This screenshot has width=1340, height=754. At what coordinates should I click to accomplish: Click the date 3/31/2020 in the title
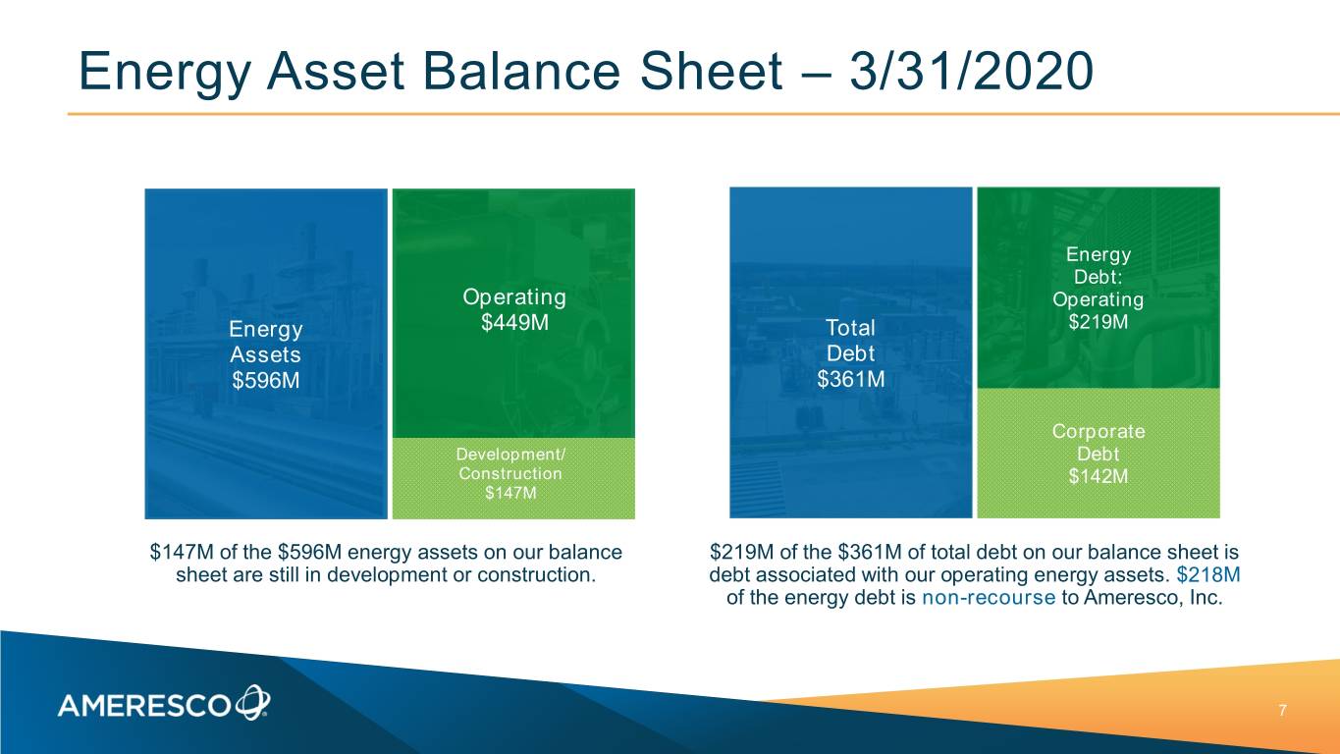tap(972, 72)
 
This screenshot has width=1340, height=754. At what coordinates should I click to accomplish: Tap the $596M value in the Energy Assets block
tap(266, 380)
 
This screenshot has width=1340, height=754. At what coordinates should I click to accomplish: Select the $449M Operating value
tap(514, 323)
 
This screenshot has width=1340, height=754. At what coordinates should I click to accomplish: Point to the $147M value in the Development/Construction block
tap(510, 493)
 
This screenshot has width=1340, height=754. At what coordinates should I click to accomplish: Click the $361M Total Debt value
tap(851, 379)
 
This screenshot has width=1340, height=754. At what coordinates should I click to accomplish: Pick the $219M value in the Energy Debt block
tap(1099, 322)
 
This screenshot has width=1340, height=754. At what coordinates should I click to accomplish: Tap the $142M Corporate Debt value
tap(1099, 476)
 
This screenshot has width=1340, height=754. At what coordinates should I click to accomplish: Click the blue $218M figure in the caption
tap(1208, 574)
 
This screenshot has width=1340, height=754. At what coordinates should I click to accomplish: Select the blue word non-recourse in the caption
tap(989, 597)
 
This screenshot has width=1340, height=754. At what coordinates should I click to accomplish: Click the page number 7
tap(1282, 711)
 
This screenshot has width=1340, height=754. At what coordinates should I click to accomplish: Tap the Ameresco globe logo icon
tap(253, 702)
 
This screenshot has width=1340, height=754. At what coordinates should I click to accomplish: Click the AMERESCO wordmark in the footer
tap(144, 706)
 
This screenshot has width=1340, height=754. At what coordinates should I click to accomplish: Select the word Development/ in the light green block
tap(510, 455)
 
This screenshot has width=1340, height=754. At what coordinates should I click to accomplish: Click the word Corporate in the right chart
tap(1099, 431)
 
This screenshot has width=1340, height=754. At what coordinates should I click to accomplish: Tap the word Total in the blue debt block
tap(851, 327)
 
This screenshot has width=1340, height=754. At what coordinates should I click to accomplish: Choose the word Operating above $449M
tap(514, 297)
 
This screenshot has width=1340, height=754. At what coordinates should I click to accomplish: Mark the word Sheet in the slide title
tap(712, 72)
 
